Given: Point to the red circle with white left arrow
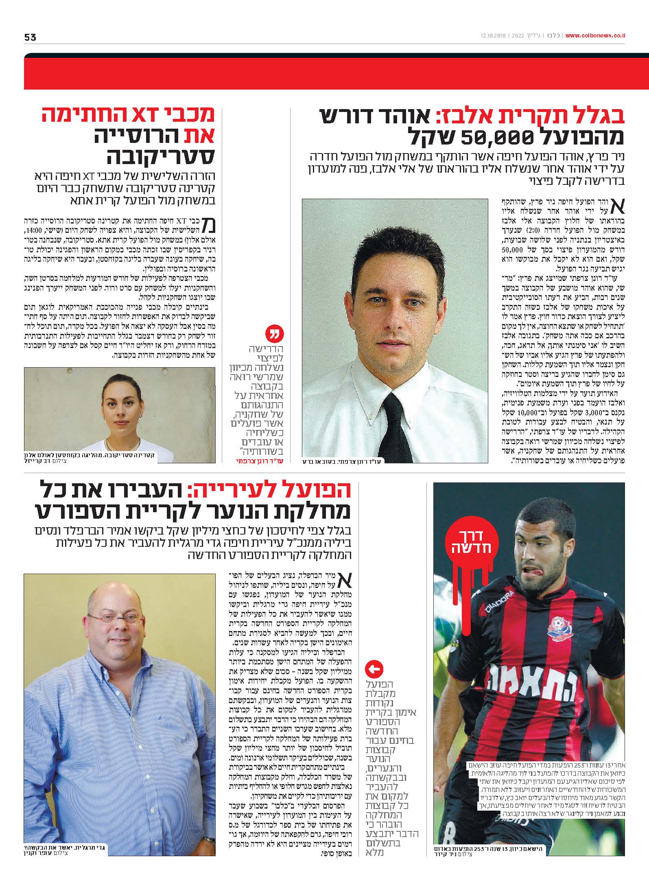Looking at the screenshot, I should (x=374, y=669).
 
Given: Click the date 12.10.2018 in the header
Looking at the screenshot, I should (x=492, y=36).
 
